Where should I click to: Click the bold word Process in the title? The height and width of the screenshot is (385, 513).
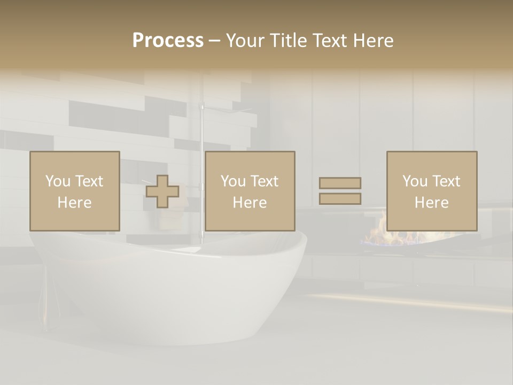coord(168,41)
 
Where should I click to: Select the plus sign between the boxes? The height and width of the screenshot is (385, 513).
coord(162,191)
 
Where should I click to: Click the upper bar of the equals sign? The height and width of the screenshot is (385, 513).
coord(340,183)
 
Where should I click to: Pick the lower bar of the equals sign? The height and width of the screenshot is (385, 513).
coord(340,198)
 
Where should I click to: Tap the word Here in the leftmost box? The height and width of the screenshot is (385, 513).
coord(75,203)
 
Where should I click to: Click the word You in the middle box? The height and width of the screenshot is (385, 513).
coord(232,181)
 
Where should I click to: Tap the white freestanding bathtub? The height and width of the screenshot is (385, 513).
coord(171,289)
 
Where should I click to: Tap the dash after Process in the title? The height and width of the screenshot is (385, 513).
coord(214,41)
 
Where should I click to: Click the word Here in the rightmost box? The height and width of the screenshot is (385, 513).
coord(432,203)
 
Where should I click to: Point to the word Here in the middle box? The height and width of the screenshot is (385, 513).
coord(250,203)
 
